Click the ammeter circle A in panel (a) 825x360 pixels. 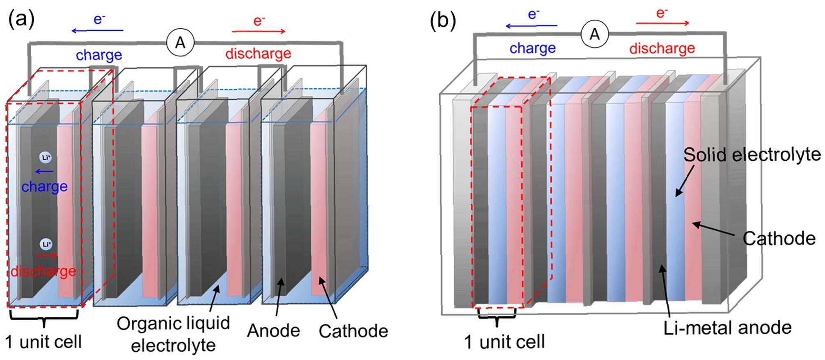click(180, 42)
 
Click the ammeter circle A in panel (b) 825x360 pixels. click(595, 34)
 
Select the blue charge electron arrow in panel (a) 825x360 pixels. click(97, 30)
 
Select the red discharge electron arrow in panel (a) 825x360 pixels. click(259, 31)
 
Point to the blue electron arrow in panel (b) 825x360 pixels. click(531, 26)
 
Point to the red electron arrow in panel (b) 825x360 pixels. click(662, 23)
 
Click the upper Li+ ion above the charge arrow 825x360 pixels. click(45, 157)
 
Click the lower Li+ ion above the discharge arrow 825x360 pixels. click(46, 244)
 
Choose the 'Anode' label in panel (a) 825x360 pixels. click(273, 330)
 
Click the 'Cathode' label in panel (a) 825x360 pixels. click(353, 331)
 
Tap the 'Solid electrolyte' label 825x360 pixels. click(752, 155)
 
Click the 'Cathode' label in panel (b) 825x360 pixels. click(779, 238)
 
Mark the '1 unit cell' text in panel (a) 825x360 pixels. click(44, 342)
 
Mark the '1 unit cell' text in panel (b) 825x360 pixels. click(504, 342)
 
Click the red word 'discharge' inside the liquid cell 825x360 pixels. click(44, 271)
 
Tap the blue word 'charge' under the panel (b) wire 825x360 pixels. click(532, 48)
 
